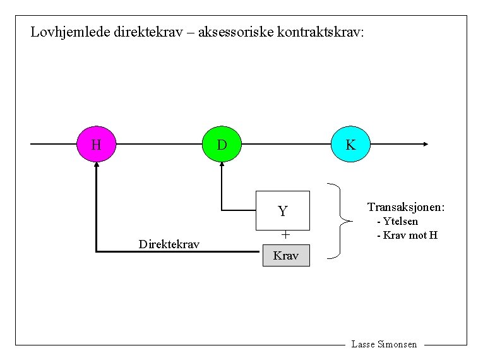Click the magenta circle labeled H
tap(96, 145)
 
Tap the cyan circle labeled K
tap(350, 145)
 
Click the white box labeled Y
tap(283, 210)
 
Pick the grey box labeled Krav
tap(286, 255)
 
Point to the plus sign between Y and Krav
tap(285, 235)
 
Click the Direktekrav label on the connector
tap(169, 244)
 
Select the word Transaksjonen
tap(406, 207)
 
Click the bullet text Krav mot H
tap(410, 236)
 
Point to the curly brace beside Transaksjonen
tap(342, 220)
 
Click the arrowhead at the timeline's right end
tap(426, 144)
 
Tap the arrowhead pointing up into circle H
tap(96, 165)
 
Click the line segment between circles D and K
tap(286, 144)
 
